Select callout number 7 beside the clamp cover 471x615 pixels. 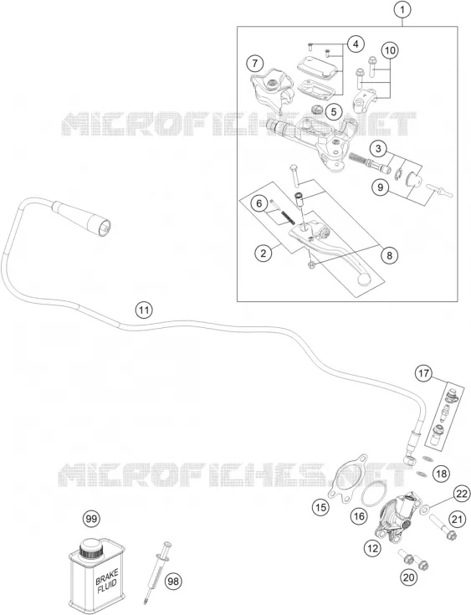click(x=255, y=63)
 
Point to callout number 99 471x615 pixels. click(x=91, y=519)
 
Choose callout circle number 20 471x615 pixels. click(x=408, y=577)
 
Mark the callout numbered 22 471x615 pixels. click(x=461, y=494)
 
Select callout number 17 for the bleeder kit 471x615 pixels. click(x=424, y=373)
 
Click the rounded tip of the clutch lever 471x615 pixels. click(x=364, y=279)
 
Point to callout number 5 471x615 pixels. click(x=333, y=112)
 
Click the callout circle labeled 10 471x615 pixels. click(x=390, y=50)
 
